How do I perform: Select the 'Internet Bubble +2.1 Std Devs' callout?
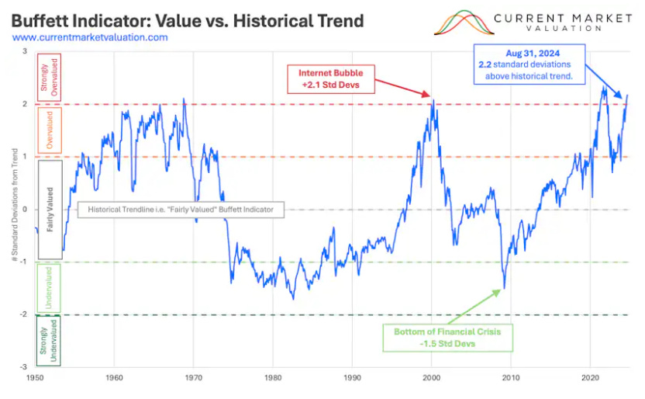[331, 78]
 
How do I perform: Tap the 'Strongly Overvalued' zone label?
[48, 78]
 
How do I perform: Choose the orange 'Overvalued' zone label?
[48, 130]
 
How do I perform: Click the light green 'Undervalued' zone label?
[48, 289]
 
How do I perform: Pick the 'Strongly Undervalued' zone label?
[48, 342]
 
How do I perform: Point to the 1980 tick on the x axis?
[272, 378]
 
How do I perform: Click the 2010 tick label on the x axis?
[510, 378]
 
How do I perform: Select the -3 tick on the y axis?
[25, 367]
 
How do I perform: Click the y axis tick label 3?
[25, 51]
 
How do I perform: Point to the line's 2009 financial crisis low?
[504, 288]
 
